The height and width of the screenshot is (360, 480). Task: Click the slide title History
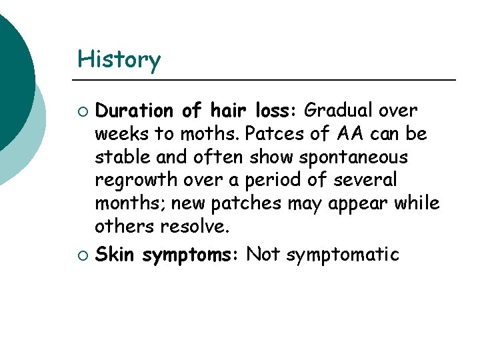click(119, 60)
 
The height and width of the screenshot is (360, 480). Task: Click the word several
click(366, 181)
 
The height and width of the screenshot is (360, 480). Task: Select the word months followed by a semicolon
click(125, 203)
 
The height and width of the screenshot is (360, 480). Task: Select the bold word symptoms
click(191, 255)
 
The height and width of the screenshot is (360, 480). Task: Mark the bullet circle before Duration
click(83, 110)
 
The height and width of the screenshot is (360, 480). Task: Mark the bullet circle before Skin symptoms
click(83, 255)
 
